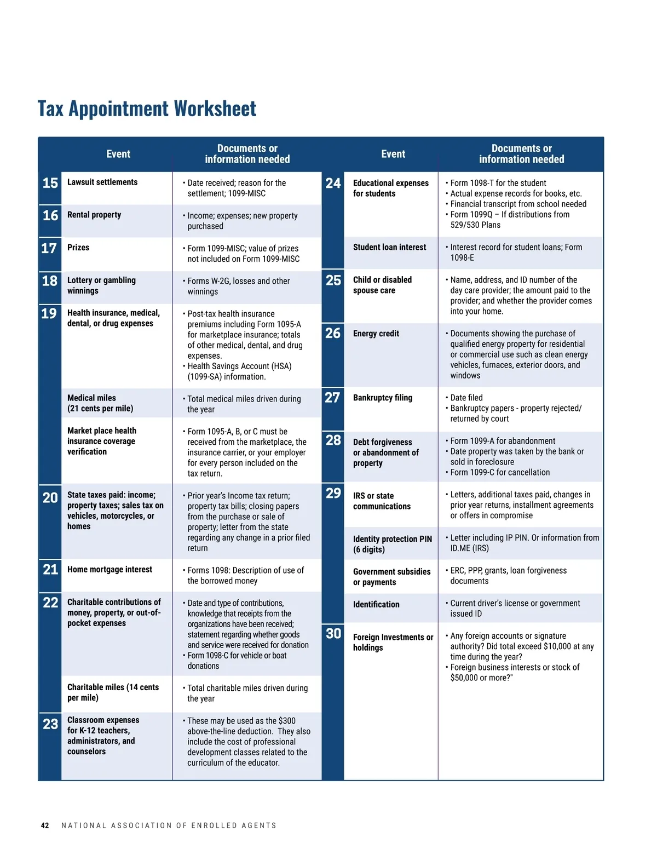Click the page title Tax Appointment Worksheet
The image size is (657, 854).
point(147,109)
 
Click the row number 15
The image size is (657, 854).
point(50,183)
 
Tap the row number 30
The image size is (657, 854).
point(333,634)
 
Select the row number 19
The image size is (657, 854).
point(49,313)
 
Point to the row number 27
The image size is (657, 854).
point(332,398)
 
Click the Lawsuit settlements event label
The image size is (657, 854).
point(102,182)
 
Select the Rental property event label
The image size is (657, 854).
point(94,215)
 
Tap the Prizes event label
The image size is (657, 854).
point(78,248)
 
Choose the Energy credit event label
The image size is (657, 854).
point(376,334)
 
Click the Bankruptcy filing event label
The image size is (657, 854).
point(383,398)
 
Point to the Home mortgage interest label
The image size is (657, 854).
point(109,570)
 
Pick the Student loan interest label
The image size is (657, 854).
point(389,248)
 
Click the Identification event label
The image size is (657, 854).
point(376,604)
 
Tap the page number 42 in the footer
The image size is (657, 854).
point(45,826)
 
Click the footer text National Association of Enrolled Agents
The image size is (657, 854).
point(169,826)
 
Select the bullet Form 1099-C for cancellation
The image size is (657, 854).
point(500,472)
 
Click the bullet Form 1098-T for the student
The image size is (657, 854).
point(498,183)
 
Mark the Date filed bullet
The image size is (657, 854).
point(466,398)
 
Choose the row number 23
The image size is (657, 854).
point(50,724)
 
